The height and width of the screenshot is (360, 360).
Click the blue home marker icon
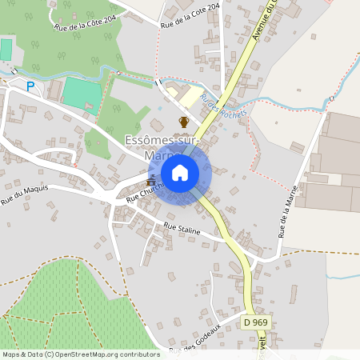pyautogui.click(x=180, y=172)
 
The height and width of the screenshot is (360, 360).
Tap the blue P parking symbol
pyautogui.click(x=31, y=86)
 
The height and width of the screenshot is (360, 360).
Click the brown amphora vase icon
pyautogui.click(x=184, y=122)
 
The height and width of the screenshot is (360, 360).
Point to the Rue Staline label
pyautogui.click(x=181, y=228)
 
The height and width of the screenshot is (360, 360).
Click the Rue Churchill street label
pyautogui.click(x=144, y=190)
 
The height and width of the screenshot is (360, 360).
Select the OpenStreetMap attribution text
pyautogui.click(x=80, y=354)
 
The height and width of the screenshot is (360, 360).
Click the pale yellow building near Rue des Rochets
pyautogui.click(x=190, y=97)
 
